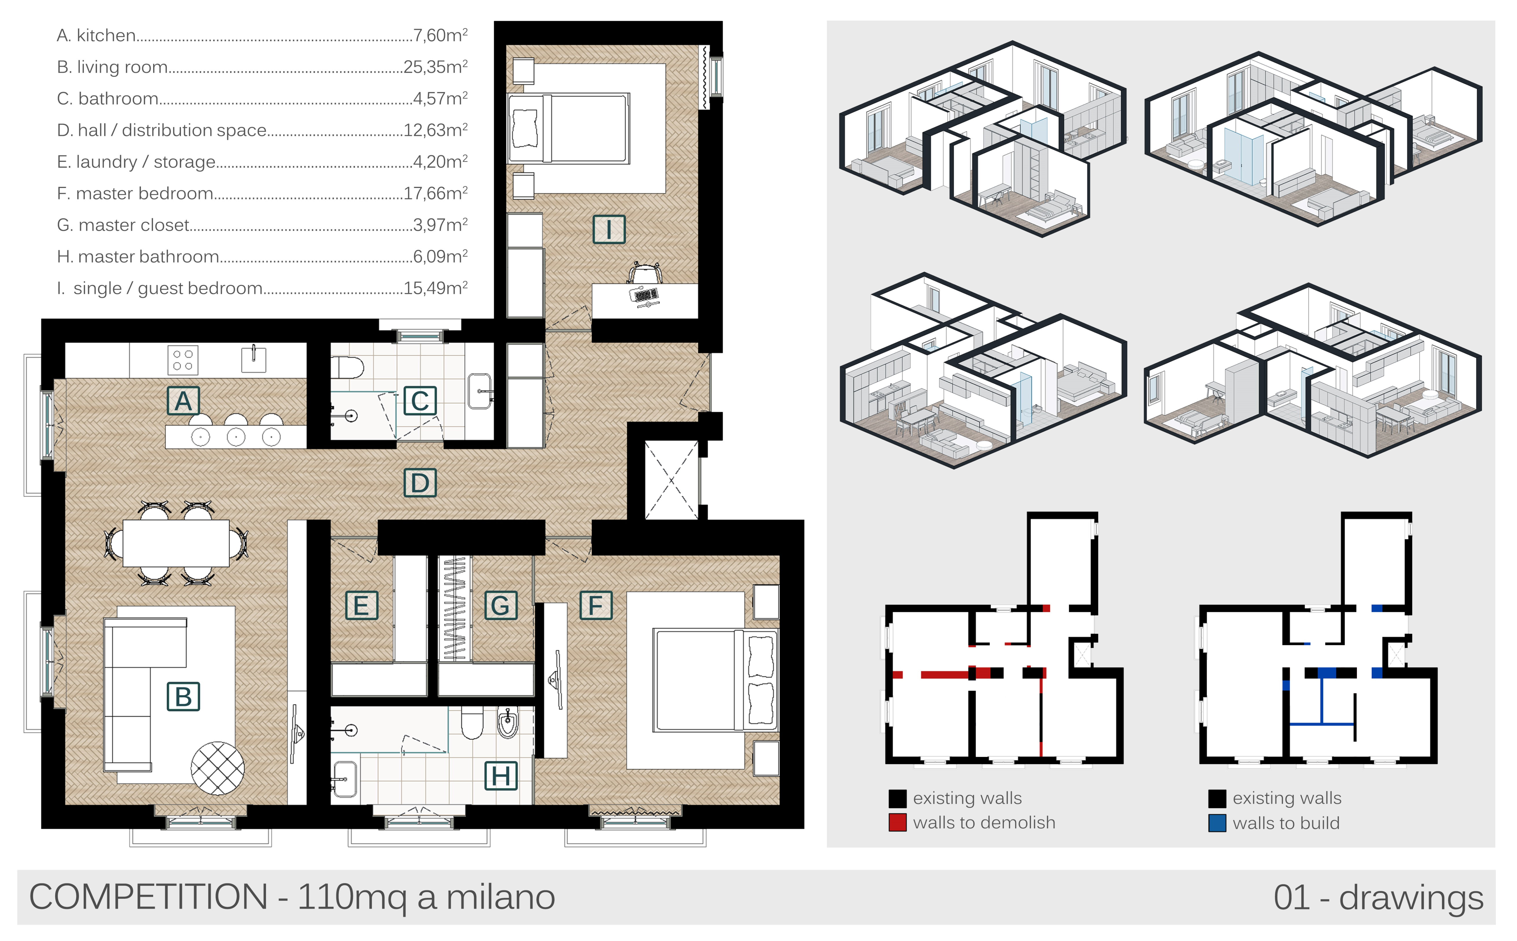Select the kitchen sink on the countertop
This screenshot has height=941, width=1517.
coord(254,359)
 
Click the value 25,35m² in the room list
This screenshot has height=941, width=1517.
coord(435,67)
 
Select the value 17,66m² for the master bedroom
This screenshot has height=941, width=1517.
coord(435,193)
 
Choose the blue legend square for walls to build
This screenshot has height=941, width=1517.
coord(1217,823)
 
